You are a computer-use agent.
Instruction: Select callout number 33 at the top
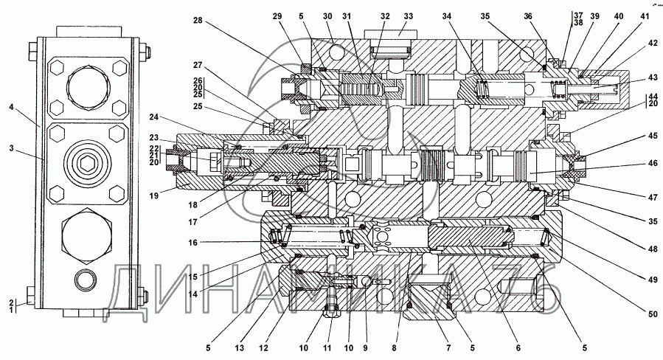(x=407, y=16)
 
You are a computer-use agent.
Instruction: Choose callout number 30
(x=328, y=16)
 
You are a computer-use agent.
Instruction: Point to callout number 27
(x=198, y=65)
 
